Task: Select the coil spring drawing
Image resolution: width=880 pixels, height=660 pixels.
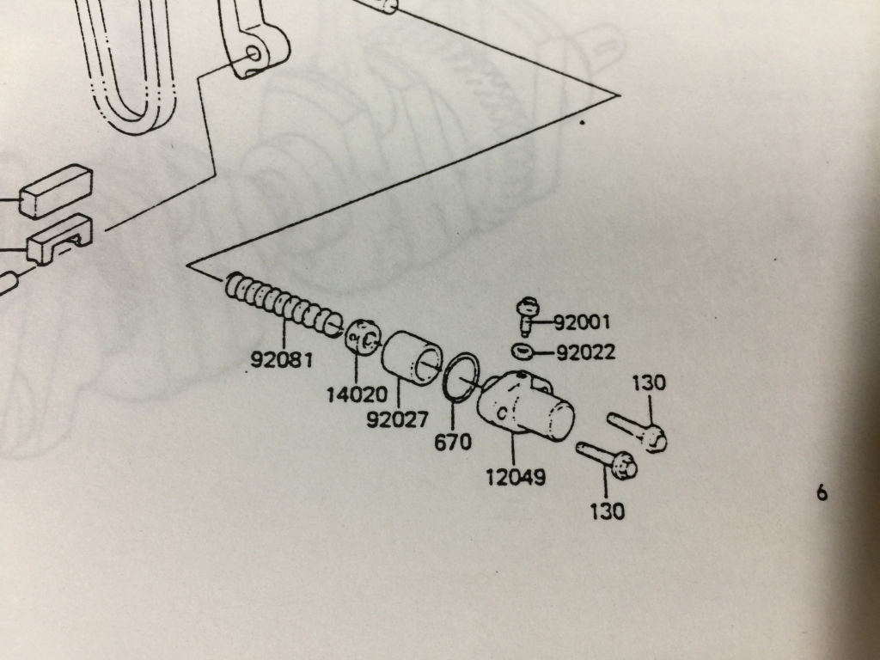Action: coord(284,306)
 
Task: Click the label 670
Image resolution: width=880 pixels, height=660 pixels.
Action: coord(454,443)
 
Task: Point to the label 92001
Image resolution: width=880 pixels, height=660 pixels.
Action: coord(582,323)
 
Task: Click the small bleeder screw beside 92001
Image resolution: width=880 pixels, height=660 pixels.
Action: coord(525,315)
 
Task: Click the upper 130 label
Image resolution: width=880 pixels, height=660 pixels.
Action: coord(649,383)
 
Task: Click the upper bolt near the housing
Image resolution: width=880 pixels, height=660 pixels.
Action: coord(639,431)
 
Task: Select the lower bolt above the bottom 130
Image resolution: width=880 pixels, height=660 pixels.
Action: coord(607,461)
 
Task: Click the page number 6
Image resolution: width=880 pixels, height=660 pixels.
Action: coord(822,493)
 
